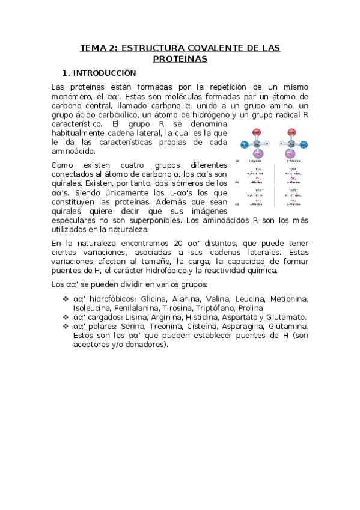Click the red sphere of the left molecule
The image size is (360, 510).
(x=257, y=132)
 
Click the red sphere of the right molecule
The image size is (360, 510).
(x=291, y=132)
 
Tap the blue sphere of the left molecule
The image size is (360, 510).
(x=244, y=144)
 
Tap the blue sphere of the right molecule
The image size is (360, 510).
(x=304, y=144)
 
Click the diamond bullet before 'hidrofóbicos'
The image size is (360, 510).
(x=66, y=299)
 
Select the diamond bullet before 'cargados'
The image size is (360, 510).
(x=66, y=317)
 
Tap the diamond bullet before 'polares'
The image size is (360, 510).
(x=66, y=326)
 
